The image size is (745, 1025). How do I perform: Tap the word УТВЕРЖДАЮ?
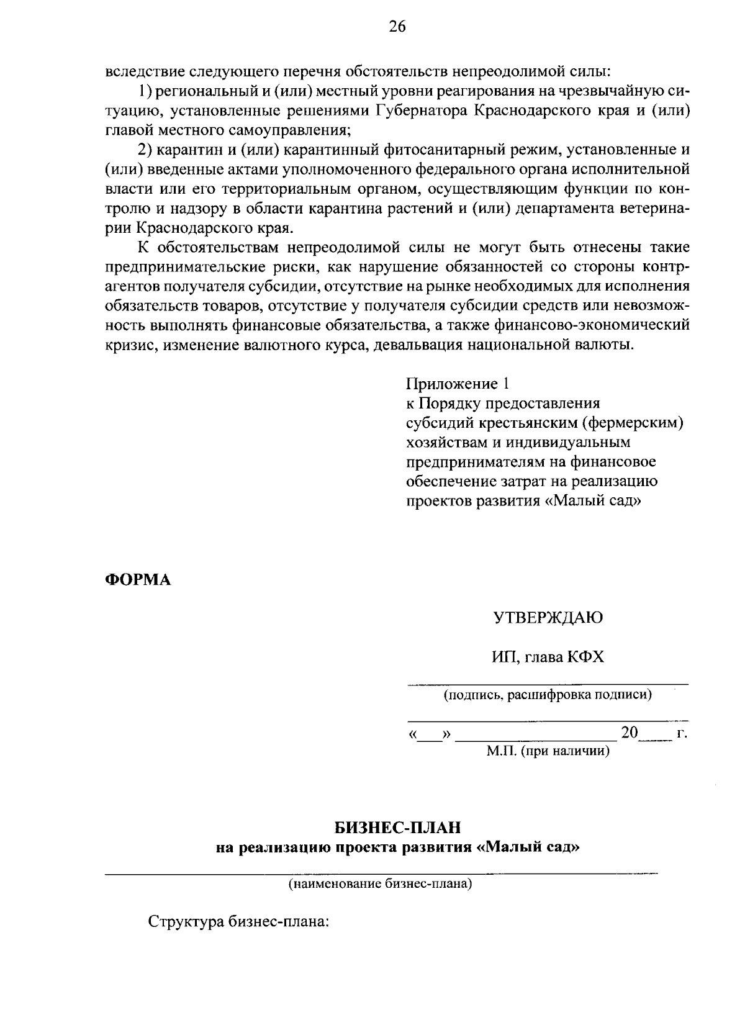click(548, 618)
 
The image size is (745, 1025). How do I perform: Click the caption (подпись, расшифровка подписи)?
click(548, 695)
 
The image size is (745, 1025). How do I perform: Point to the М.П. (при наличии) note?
click(548, 752)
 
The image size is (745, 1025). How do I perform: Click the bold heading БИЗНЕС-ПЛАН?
click(398, 828)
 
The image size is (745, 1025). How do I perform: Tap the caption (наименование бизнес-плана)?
click(379, 883)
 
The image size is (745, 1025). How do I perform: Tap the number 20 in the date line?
click(630, 733)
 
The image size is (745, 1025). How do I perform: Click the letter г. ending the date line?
click(682, 734)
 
